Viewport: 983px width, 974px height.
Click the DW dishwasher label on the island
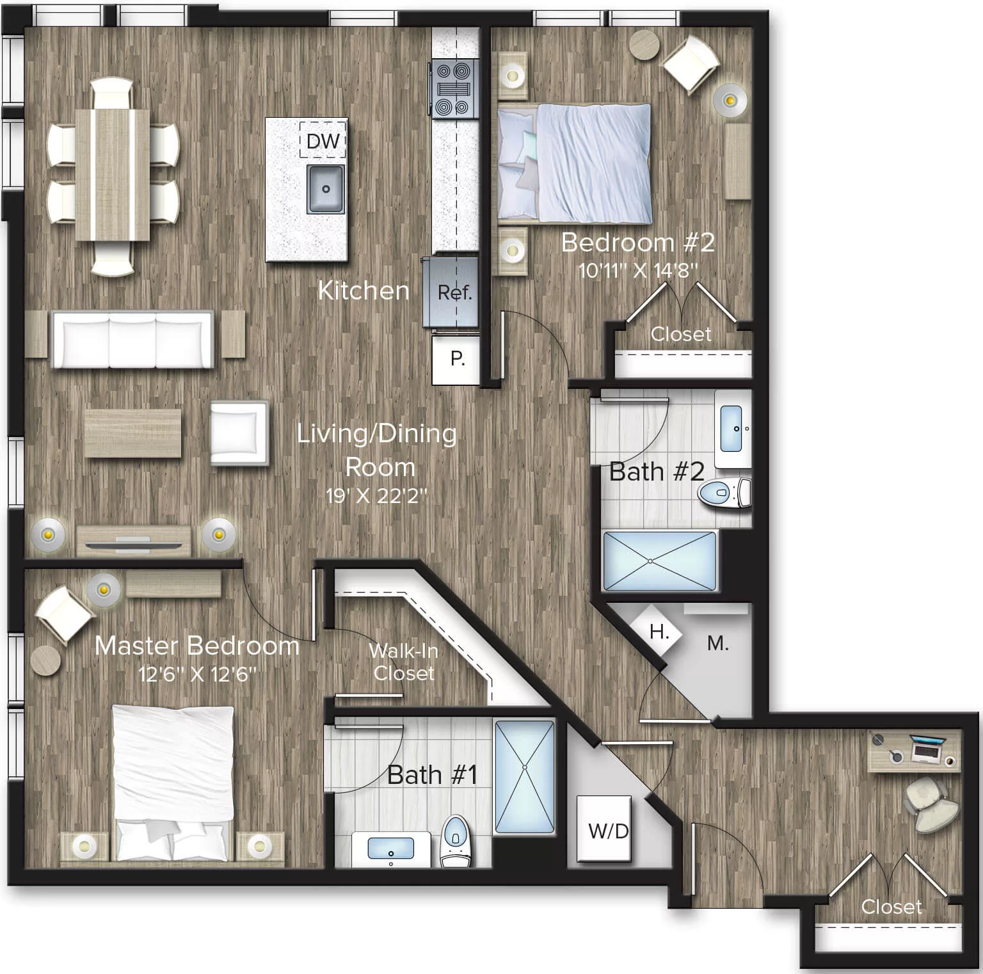pyautogui.click(x=323, y=141)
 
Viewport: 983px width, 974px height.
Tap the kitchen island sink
pyautogui.click(x=326, y=189)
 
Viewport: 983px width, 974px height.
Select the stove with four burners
pyautogui.click(x=454, y=89)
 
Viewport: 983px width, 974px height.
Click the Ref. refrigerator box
pyautogui.click(x=454, y=292)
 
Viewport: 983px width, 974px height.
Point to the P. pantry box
pyautogui.click(x=457, y=360)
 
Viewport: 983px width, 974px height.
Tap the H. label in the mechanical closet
pyautogui.click(x=659, y=632)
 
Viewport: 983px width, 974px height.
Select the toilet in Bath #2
pyautogui.click(x=724, y=493)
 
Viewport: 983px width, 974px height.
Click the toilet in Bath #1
pyautogui.click(x=456, y=840)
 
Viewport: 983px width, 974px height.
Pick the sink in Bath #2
pyautogui.click(x=731, y=428)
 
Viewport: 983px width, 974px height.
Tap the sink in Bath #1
pyautogui.click(x=390, y=849)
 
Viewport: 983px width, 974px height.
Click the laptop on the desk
pyautogui.click(x=927, y=749)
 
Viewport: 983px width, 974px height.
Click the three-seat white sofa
pyautogui.click(x=132, y=339)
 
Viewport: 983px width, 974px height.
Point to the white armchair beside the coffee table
pyautogui.click(x=238, y=433)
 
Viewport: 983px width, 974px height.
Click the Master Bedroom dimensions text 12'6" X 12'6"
pyautogui.click(x=197, y=675)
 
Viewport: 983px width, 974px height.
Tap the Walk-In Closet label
pyautogui.click(x=404, y=662)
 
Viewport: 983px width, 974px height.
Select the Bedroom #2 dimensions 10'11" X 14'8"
pyautogui.click(x=637, y=270)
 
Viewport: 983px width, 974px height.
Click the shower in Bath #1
pyautogui.click(x=525, y=776)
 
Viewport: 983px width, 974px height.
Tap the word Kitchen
pyautogui.click(x=364, y=291)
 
